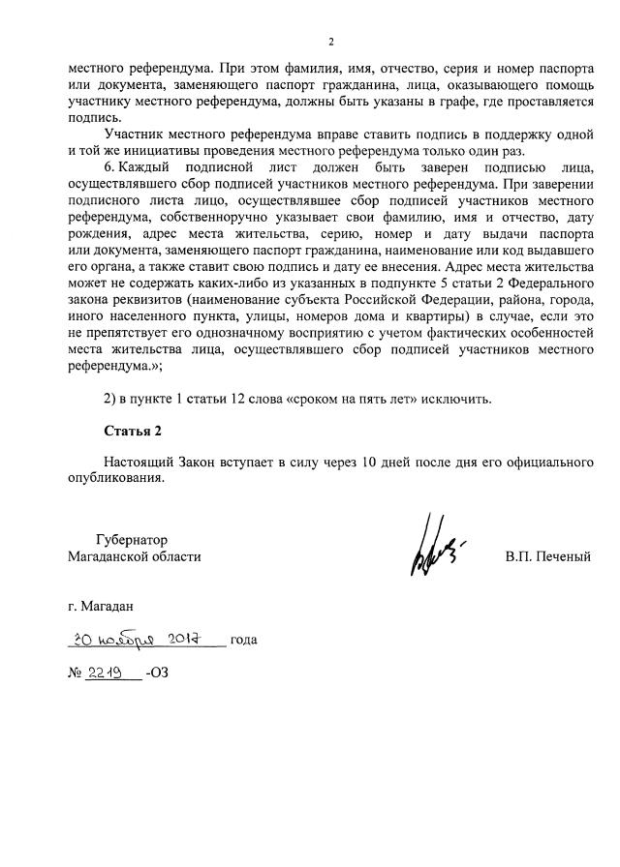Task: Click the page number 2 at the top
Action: coord(330,42)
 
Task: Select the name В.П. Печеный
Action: coord(547,556)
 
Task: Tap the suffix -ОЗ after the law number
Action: coord(156,673)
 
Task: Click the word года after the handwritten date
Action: coord(244,640)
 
